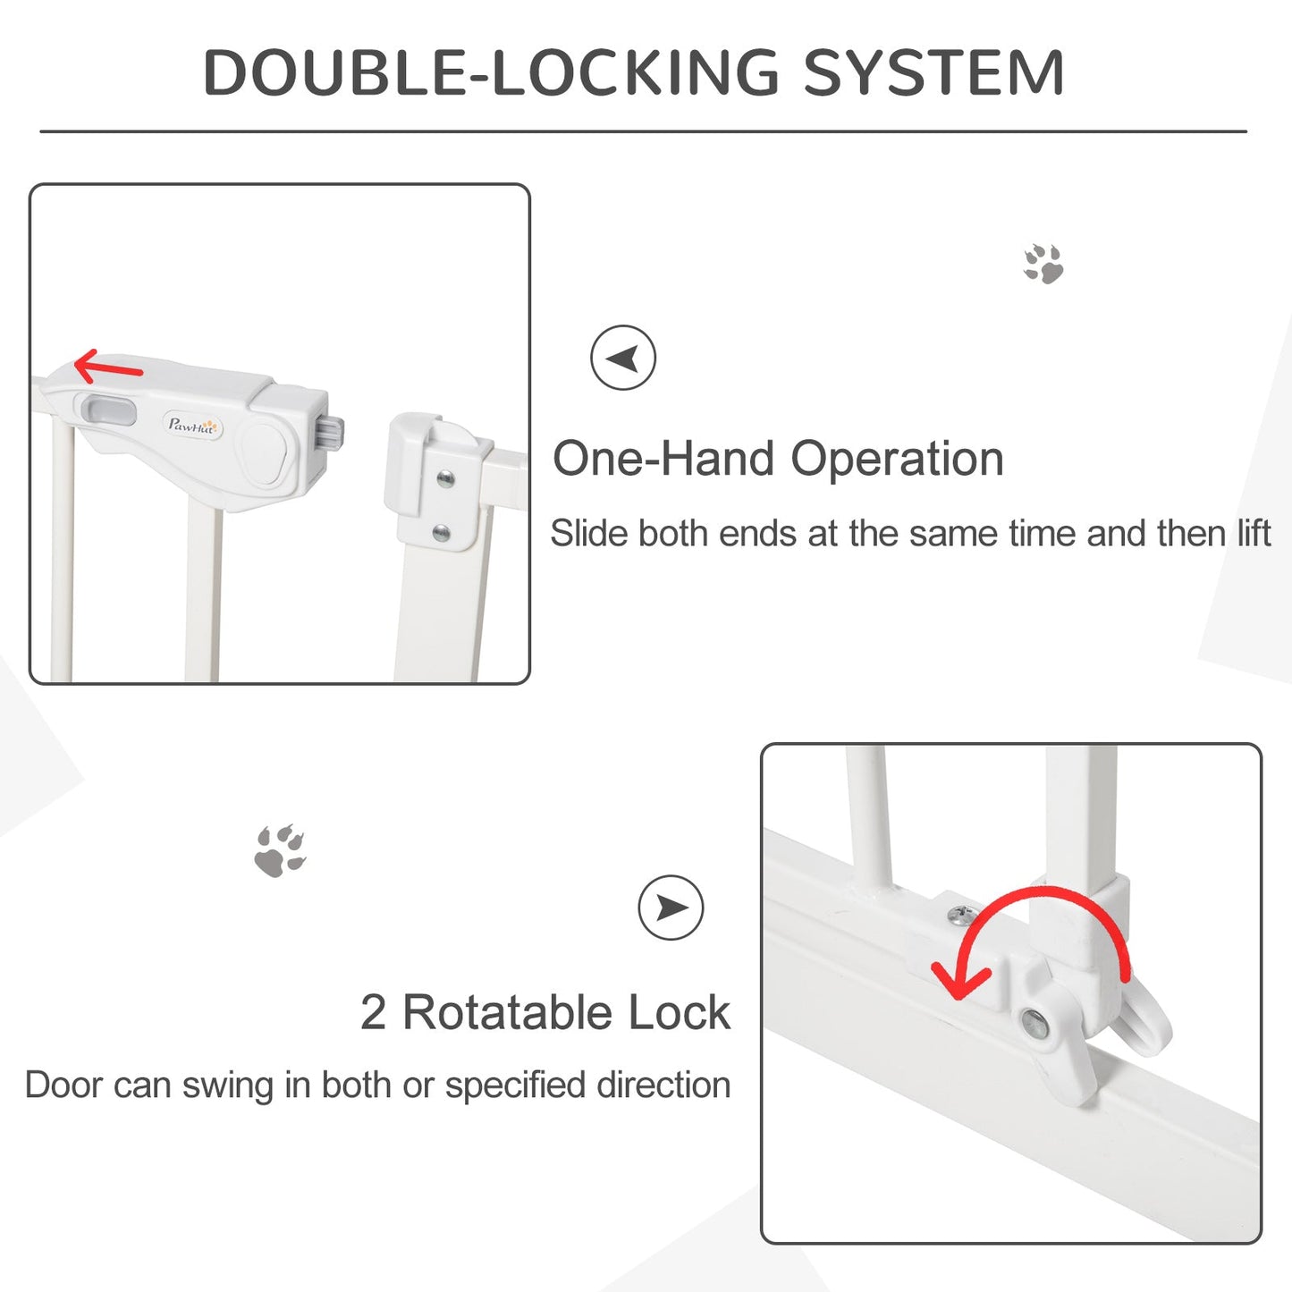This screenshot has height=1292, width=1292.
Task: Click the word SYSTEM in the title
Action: point(933,72)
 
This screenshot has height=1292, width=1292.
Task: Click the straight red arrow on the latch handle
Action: point(108,367)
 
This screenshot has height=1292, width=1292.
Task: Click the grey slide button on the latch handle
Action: point(109,412)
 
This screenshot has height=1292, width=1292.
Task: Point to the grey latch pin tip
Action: point(332,434)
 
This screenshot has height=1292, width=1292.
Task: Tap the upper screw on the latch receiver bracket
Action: point(445,480)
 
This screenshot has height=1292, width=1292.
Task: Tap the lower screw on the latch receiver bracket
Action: point(441,533)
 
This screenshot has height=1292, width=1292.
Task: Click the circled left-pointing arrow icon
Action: point(623,358)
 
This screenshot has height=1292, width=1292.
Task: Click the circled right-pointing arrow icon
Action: point(671,908)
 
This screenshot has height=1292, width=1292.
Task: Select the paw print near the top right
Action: point(1043,264)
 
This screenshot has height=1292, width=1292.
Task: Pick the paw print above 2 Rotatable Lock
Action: point(280,851)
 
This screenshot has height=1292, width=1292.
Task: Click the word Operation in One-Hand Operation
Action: point(897,460)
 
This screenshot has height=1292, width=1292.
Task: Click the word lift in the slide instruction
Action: point(1254,534)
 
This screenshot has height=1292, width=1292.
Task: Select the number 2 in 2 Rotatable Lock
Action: point(373,1013)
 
